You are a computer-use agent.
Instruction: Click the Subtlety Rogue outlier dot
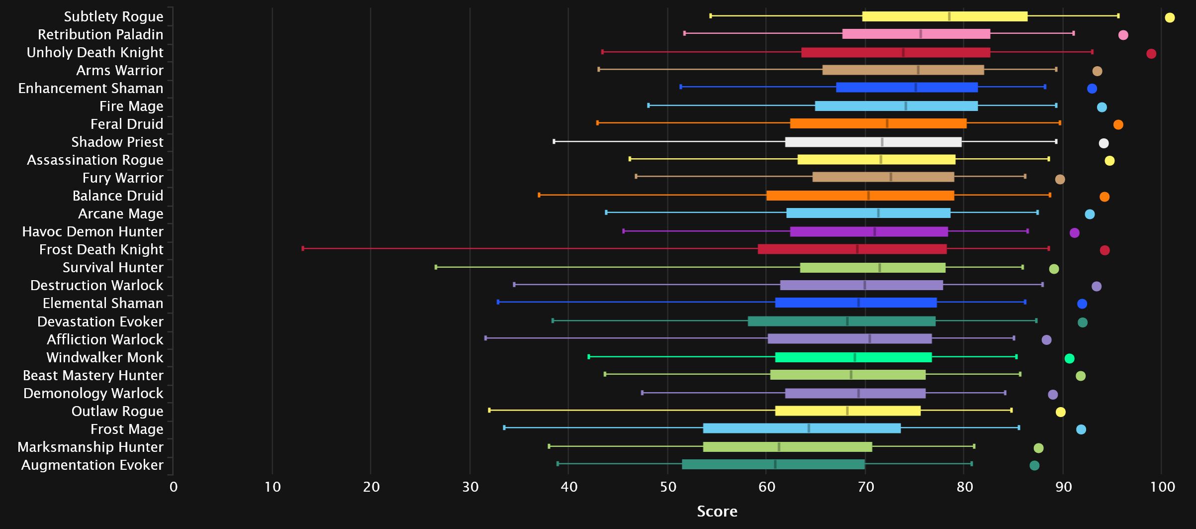click(x=1170, y=18)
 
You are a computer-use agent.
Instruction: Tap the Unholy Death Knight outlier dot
click(x=1151, y=54)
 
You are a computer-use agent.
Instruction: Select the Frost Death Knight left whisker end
click(x=303, y=248)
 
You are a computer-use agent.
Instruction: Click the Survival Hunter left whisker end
click(x=436, y=267)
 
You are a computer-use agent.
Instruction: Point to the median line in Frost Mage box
click(x=809, y=428)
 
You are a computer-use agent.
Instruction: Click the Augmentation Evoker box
click(x=773, y=465)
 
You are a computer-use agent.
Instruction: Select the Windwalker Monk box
click(x=853, y=357)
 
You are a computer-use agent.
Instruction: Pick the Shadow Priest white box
click(x=873, y=142)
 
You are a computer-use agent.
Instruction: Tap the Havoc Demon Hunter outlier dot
click(x=1075, y=233)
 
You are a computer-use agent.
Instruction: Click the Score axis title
click(x=717, y=512)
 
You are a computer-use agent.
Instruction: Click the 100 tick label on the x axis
click(x=1162, y=487)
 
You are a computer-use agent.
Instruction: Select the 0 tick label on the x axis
click(x=173, y=487)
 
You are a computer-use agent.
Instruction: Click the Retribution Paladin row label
click(x=100, y=34)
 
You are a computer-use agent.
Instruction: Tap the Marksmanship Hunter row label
click(x=90, y=447)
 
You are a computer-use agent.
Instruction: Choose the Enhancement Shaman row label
click(x=91, y=88)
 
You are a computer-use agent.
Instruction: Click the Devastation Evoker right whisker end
click(x=1036, y=320)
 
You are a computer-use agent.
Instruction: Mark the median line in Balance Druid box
click(x=868, y=196)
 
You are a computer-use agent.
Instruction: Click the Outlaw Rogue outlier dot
click(x=1061, y=412)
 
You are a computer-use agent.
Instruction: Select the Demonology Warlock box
click(x=855, y=394)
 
